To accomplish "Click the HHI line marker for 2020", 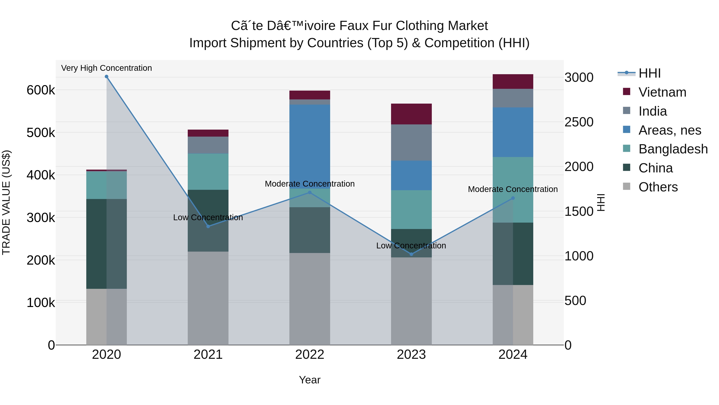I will [106, 77].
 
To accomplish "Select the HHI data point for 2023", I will [411, 254].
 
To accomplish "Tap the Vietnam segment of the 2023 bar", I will [411, 114].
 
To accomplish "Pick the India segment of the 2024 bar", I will [513, 98].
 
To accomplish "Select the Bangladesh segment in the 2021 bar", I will [208, 172].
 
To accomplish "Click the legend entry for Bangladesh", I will [673, 149].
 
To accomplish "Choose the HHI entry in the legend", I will [649, 73].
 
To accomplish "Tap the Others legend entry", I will [658, 187].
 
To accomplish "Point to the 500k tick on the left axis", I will [41, 133].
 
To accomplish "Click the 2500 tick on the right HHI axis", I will [579, 122].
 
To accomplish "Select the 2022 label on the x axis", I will [310, 355].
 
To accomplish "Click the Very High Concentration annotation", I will [106, 68].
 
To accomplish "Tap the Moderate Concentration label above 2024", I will [513, 189].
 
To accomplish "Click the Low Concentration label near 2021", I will [208, 217].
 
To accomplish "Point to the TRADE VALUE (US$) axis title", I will [6, 202].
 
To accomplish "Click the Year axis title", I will [310, 380].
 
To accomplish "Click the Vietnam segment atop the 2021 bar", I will [208, 133].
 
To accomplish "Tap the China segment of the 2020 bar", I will [106, 244].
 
